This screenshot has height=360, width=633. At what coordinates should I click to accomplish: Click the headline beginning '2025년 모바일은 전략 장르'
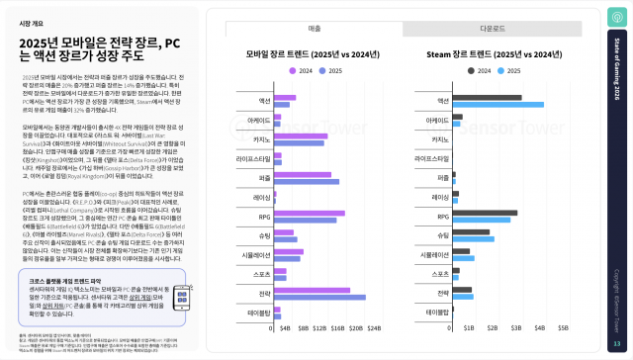pyautogui.click(x=99, y=50)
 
